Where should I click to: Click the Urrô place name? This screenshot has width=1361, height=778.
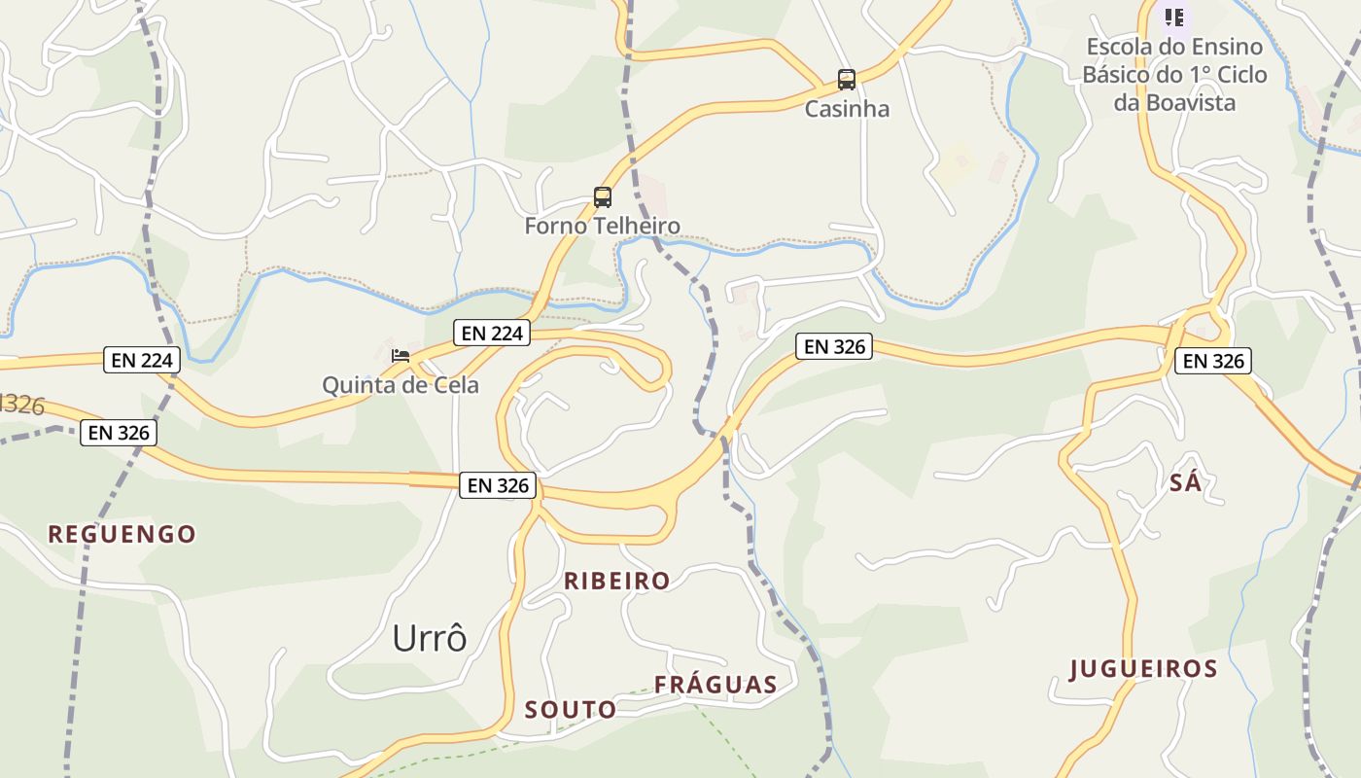coord(430,639)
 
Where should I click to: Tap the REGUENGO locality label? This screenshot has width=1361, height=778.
coord(122,534)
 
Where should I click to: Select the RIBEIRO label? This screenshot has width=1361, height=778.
coord(617,581)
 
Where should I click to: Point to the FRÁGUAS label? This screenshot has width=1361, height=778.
coord(715,685)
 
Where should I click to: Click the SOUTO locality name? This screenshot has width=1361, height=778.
coord(571,710)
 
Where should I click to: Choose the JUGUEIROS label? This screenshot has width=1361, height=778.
coord(1143,669)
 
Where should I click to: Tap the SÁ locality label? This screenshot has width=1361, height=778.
coord(1185,482)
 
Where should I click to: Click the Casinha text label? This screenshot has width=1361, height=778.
coord(847,109)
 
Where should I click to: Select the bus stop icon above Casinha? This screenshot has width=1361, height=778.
coord(847,79)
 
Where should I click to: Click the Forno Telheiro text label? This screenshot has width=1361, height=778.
coord(603,227)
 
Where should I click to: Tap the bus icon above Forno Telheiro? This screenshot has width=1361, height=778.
coord(603,197)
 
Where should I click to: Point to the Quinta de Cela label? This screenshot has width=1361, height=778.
coord(401,385)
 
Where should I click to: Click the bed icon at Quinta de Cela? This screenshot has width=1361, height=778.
coord(400,356)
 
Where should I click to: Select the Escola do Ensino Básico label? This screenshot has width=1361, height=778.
coord(1174,74)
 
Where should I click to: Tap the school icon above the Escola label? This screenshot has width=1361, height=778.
coord(1174,18)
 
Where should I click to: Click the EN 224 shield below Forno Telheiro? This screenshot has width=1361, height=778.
coord(493,334)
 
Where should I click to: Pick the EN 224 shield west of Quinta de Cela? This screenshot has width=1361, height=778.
coord(143,361)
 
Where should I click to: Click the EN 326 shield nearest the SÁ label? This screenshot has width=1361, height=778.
coord(1212,362)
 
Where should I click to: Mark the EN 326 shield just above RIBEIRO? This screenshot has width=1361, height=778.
coord(498,485)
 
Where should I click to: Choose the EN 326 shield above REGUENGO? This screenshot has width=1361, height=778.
coord(119,433)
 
